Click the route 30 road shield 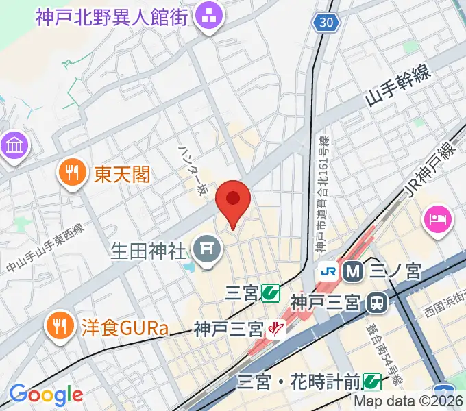coord(328,23)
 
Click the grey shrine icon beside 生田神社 coord(206,250)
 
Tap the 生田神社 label coord(148,251)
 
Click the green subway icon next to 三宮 coord(270,294)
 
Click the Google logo coord(46,395)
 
